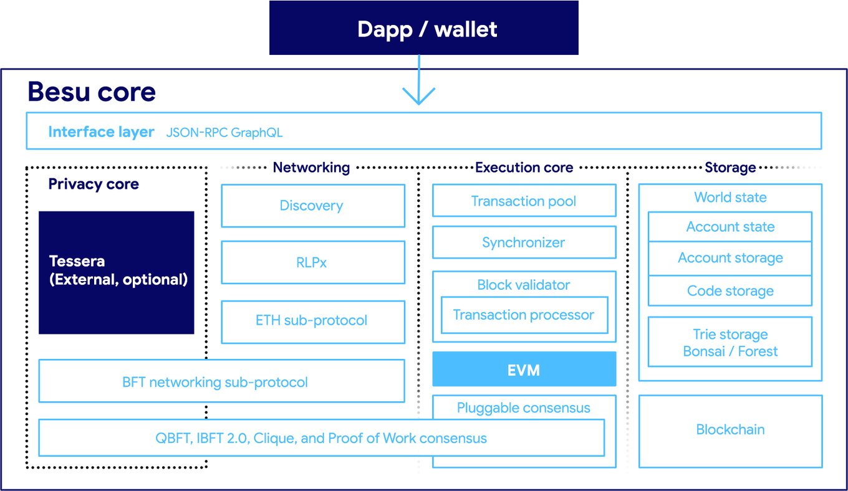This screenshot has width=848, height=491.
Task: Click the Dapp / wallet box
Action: click(x=424, y=29)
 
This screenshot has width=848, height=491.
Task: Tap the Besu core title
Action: click(x=92, y=92)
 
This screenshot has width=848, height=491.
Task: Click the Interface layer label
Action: click(x=101, y=132)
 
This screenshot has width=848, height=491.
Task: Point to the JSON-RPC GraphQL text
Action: click(x=224, y=133)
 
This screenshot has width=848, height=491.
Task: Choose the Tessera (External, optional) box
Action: click(x=117, y=272)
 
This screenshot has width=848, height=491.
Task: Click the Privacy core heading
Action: click(x=94, y=184)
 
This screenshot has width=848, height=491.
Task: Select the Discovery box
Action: click(x=312, y=206)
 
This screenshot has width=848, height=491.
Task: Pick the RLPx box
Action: click(x=312, y=263)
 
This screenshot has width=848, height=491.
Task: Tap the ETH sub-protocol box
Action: click(x=312, y=321)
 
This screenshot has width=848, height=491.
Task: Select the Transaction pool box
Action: click(x=524, y=201)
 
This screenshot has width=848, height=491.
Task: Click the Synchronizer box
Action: click(x=524, y=242)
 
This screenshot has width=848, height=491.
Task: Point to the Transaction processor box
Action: click(x=524, y=315)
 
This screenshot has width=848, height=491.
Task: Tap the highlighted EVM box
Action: click(x=524, y=369)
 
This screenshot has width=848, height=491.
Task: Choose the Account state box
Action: click(x=730, y=227)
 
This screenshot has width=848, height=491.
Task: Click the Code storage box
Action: click(x=730, y=291)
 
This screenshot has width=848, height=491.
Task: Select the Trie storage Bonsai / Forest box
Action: click(x=730, y=343)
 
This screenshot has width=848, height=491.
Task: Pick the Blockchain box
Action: click(x=730, y=430)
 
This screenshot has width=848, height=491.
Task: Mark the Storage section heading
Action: click(x=730, y=168)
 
